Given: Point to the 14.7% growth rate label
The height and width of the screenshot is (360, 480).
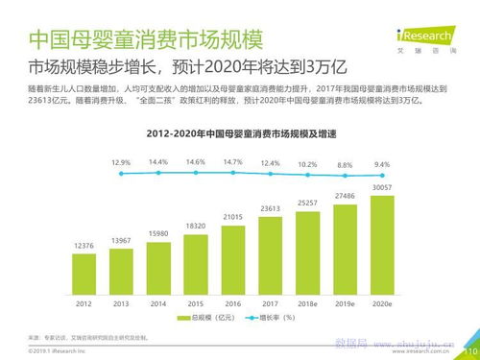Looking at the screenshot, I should [232, 162].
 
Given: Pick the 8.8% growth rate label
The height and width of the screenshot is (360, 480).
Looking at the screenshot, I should [344, 164].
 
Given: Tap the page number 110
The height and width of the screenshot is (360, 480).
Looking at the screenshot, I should [468, 351].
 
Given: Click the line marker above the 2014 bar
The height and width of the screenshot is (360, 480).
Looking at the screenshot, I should [158, 174].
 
